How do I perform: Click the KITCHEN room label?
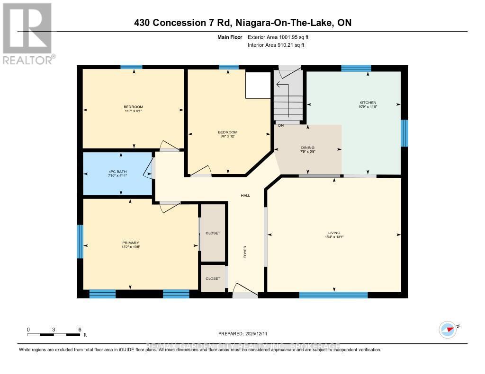[368, 103]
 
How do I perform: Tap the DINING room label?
[308, 148]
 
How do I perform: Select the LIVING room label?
[334, 233]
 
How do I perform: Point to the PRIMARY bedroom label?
[130, 243]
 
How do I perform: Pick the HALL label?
[245, 195]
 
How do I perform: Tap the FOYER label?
[245, 251]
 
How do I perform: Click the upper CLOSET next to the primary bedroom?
[213, 233]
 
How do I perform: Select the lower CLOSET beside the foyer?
[213, 278]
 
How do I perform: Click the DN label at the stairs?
[281, 125]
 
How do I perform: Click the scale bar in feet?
[54, 335]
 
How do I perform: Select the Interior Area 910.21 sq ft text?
[276, 45]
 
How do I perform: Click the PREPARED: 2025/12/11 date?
[242, 333]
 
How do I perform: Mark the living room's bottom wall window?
[333, 295]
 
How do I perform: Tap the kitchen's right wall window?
[404, 133]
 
